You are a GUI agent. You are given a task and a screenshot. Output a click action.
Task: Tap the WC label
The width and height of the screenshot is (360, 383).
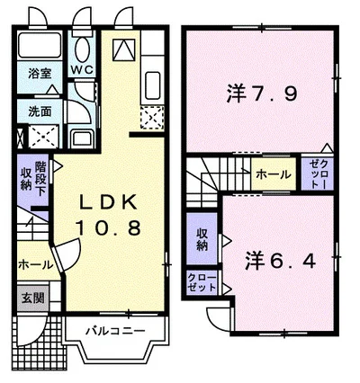tap(81, 70)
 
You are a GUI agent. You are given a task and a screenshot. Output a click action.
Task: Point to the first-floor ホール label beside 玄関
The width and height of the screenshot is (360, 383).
tap(34, 265)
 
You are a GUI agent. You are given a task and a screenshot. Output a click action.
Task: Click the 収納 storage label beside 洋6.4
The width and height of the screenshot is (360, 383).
tap(202, 239)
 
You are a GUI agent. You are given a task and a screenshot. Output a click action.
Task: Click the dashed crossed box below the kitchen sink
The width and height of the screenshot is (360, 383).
tap(151, 117)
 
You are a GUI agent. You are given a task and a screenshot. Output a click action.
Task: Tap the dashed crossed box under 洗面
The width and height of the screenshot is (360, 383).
tap(40, 138)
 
